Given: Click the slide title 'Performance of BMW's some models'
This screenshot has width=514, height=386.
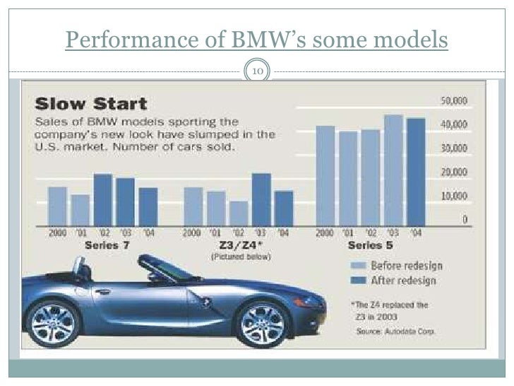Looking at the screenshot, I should (256, 40).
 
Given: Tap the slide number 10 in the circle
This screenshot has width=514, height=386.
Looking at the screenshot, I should (256, 71).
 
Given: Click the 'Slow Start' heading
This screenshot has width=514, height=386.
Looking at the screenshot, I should (91, 105).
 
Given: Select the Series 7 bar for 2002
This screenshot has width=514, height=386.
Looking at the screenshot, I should (103, 199).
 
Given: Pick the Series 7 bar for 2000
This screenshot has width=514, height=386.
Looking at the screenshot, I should (57, 206).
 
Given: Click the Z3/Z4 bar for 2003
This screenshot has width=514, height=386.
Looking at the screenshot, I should (261, 199).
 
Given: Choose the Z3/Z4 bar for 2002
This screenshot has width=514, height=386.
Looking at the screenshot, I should (239, 213).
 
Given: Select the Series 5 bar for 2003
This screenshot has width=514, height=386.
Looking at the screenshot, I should (393, 170).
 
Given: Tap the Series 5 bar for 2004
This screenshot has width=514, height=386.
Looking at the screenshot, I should (416, 171).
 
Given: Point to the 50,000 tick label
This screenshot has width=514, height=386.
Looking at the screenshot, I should (455, 101).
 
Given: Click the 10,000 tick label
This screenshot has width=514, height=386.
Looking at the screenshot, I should (455, 196).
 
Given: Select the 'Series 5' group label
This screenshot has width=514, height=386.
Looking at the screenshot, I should (370, 246).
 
